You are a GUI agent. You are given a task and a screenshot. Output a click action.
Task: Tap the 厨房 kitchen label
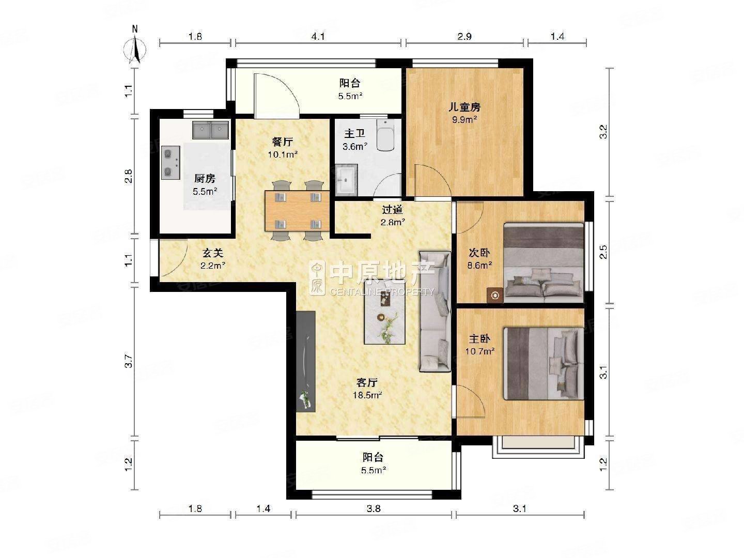[205, 179]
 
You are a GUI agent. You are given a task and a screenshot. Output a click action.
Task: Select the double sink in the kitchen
[211, 130]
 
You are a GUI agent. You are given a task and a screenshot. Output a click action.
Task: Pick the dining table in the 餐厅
[297, 211]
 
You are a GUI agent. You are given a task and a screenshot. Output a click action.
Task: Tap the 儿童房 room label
[464, 107]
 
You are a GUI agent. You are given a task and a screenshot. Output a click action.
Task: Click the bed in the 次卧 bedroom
[544, 262]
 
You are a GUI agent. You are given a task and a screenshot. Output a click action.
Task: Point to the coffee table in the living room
[384, 312]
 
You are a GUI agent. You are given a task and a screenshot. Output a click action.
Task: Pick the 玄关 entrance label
[212, 253]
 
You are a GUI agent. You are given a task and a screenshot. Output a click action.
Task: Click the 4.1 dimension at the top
[318, 37]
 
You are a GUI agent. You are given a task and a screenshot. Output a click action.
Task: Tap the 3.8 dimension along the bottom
[374, 508]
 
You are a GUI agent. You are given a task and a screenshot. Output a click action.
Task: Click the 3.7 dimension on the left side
[129, 361]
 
